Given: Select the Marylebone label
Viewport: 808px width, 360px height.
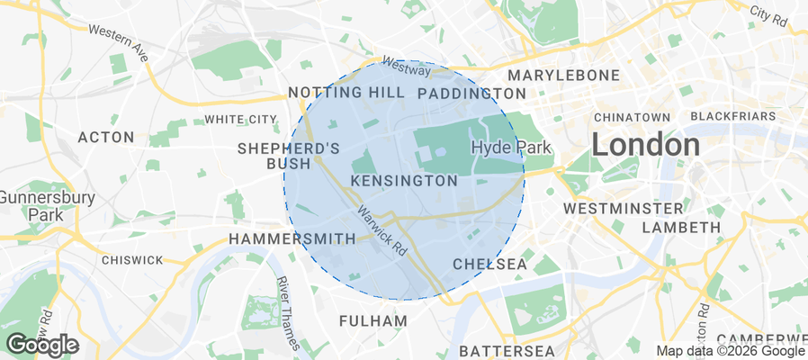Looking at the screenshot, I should [564, 75].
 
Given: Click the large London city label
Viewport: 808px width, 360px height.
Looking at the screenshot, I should [645, 144].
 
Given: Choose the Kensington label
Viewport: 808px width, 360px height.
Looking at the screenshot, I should [404, 181].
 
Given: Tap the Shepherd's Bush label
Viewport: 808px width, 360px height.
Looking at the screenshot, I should [289, 156].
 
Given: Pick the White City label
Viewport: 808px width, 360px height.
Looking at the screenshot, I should [240, 119].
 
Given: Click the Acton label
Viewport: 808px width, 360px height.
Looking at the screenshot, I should [106, 137].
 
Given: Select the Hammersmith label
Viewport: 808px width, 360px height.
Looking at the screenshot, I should [292, 238].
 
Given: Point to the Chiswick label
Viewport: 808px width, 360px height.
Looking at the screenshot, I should [133, 260].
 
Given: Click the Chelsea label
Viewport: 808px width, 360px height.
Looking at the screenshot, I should [489, 264].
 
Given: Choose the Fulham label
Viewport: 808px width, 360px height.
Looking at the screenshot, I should [373, 320].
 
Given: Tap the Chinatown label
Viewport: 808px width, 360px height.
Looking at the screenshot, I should [632, 117].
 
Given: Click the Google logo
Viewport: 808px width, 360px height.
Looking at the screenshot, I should [41, 344].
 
